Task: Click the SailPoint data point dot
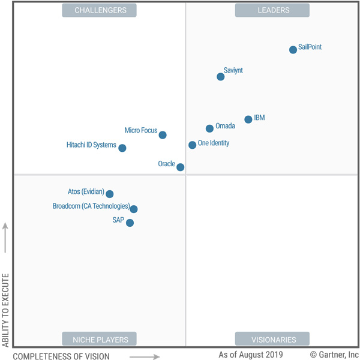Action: click(x=293, y=50)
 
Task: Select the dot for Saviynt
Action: click(x=221, y=76)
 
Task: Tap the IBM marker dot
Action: click(x=248, y=119)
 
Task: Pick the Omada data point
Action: click(x=209, y=128)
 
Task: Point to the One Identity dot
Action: click(x=192, y=145)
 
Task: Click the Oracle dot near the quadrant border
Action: click(x=181, y=167)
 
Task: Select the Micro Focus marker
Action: click(x=163, y=135)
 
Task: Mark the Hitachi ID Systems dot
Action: click(x=122, y=148)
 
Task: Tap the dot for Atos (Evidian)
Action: click(x=110, y=194)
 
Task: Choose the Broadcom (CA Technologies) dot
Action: click(x=134, y=209)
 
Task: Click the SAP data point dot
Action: click(x=130, y=223)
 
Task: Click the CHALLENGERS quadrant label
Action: click(x=100, y=10)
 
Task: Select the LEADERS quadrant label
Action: click(x=272, y=10)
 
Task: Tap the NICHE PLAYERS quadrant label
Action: click(x=100, y=339)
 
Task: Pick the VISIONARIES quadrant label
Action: click(x=272, y=339)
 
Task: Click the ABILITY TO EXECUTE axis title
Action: click(x=6, y=310)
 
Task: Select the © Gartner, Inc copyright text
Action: click(x=334, y=355)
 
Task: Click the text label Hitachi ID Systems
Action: click(x=91, y=145)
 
